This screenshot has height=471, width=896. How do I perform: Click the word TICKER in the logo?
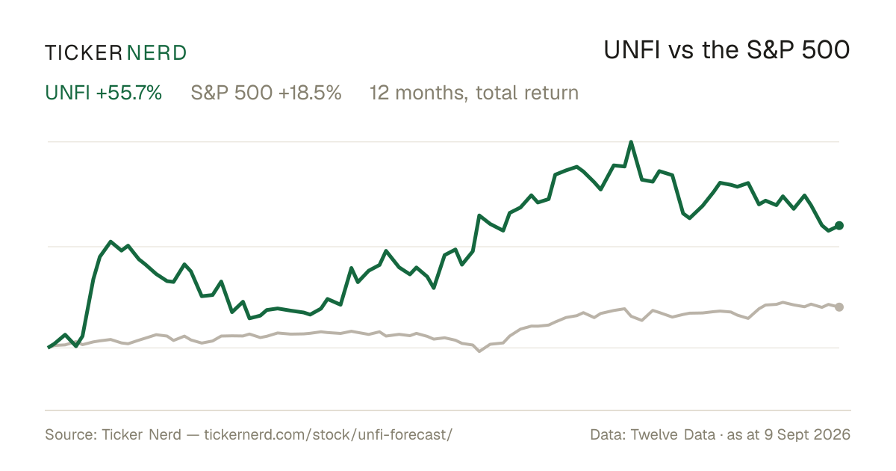point(83,53)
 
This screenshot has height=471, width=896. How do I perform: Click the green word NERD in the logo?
point(157,53)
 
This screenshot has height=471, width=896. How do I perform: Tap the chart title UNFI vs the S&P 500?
point(727,50)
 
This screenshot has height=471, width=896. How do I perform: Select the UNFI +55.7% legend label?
point(103,93)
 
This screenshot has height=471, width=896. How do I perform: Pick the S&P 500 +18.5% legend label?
point(266,93)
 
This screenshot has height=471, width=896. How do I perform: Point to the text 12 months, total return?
point(474,93)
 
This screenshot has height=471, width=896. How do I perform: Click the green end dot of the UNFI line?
point(839,226)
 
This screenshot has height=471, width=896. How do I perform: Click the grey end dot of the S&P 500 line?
point(839,307)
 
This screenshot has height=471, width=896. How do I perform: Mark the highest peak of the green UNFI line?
point(631,142)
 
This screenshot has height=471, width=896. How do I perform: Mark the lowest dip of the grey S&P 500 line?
point(479,351)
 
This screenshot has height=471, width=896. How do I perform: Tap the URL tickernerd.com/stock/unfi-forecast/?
point(329,434)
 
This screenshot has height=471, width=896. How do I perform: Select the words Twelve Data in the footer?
point(673,434)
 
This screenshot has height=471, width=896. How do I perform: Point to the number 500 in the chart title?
point(826,50)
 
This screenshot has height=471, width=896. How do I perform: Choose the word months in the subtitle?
point(431,93)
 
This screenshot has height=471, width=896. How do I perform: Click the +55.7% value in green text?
point(129,93)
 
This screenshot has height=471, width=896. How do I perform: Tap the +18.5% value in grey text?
point(310,93)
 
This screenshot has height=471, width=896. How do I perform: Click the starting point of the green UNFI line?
point(49,347)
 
